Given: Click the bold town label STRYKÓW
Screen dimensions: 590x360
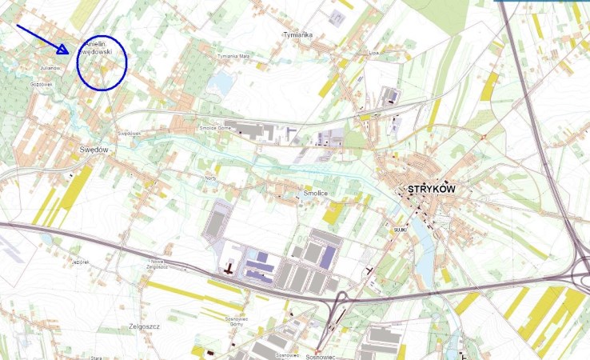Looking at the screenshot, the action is click(433, 190).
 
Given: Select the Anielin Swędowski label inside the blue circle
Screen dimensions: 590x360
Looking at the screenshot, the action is click(100, 50).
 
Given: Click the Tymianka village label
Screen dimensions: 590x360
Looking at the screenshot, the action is click(298, 35).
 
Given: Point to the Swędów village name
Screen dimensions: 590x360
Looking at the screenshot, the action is click(94, 150).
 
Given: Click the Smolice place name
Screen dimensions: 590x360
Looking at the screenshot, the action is click(310, 193).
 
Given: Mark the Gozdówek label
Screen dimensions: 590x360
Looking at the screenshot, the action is click(42, 83).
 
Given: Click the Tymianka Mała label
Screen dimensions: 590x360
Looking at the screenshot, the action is click(233, 57).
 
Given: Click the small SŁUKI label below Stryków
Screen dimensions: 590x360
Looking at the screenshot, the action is click(401, 230).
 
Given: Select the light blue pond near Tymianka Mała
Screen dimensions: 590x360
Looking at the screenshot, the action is click(221, 81).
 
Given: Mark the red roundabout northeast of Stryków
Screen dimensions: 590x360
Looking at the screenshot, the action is click(484, 138).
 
